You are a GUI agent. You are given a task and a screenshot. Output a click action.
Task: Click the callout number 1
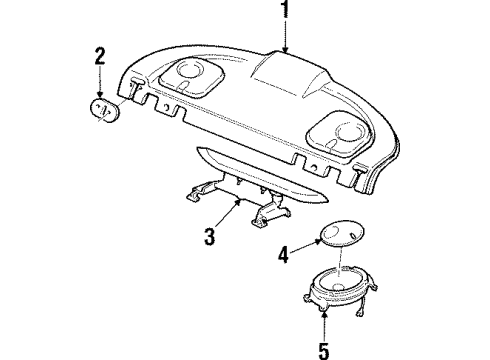click(286, 11)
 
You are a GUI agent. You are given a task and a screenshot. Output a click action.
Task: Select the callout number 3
click(210, 236)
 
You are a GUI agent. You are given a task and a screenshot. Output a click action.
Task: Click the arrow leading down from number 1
click(286, 38)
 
